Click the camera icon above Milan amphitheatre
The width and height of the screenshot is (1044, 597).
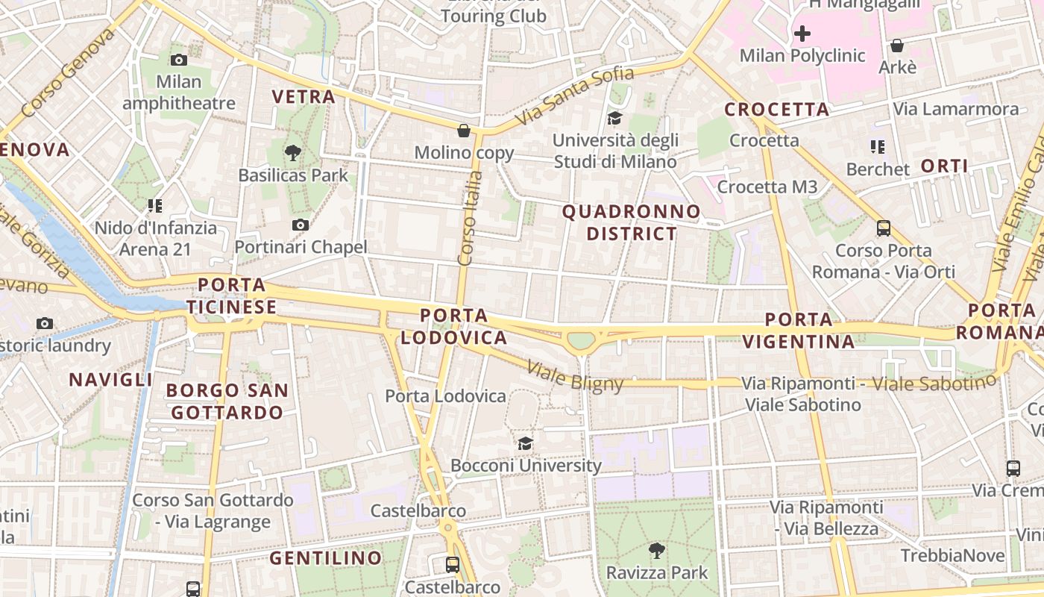179,60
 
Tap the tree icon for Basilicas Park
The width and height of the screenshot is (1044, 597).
293,153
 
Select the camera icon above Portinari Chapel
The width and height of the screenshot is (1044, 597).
301,225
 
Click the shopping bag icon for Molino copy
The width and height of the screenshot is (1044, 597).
464,131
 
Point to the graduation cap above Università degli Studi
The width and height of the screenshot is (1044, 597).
614,118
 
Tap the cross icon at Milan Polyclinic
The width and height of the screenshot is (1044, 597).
802,34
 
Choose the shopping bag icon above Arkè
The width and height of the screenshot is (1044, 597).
897,46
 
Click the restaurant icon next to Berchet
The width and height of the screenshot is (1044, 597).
877,147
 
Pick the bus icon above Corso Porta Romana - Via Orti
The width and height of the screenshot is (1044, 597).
884,228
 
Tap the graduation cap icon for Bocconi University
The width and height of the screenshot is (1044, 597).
526,443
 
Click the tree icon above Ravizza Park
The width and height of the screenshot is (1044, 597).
657,551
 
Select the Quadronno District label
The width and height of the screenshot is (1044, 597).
632,222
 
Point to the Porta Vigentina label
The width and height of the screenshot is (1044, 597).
799,331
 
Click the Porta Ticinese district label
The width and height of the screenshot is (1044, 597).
232,296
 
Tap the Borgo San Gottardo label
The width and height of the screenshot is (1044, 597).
227,401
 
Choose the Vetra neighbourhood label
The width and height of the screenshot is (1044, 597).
304,96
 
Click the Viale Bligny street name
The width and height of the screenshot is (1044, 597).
575,376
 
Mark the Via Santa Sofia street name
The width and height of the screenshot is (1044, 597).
574,95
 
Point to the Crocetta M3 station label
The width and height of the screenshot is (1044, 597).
767,187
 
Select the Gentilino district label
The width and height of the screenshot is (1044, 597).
325,557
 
